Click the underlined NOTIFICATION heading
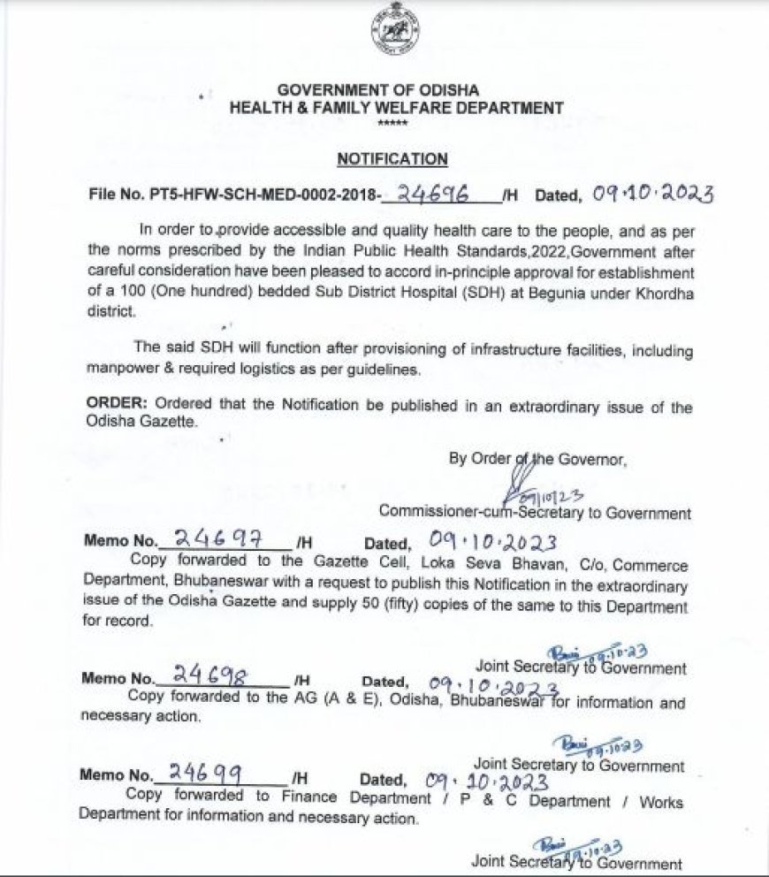tap(392, 159)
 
